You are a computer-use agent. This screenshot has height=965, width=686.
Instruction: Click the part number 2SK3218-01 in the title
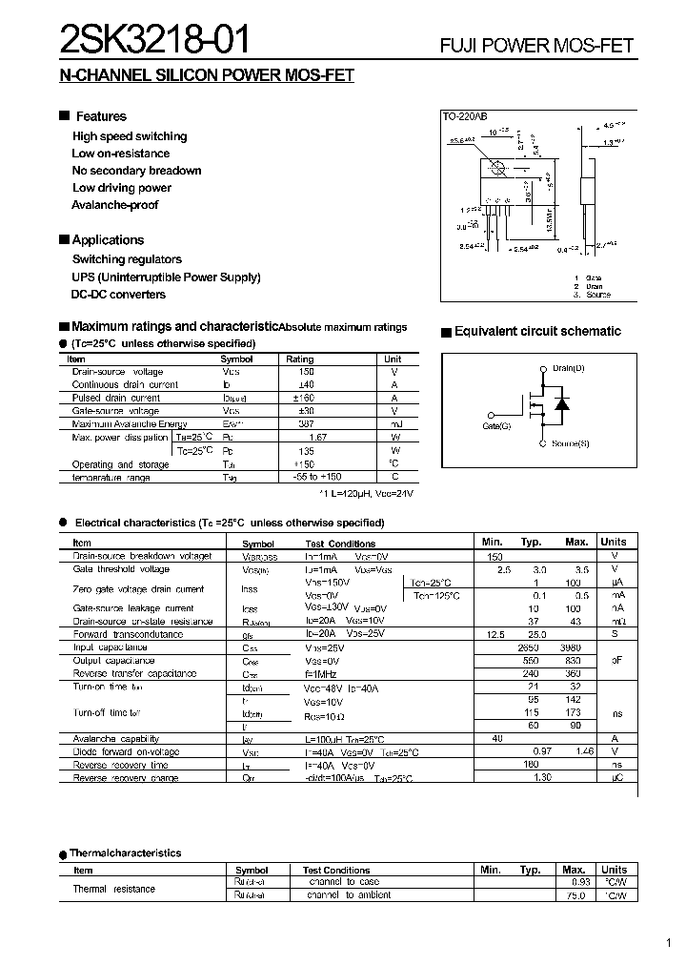[156, 39]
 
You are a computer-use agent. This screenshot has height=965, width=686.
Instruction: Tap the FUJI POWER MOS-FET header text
[536, 46]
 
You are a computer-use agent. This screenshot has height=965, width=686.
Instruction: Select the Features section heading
[101, 116]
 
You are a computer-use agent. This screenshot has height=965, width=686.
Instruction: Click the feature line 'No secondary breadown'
[136, 171]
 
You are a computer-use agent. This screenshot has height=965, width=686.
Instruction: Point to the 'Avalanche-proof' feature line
[114, 205]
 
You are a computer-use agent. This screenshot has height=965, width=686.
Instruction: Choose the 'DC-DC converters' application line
[119, 295]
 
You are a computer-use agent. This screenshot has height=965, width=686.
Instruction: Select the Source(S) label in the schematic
[571, 443]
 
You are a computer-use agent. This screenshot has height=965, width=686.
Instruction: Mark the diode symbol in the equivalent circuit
[562, 403]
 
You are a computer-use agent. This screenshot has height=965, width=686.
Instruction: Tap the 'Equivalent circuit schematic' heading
[537, 332]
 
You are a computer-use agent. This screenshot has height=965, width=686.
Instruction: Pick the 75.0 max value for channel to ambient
[574, 895]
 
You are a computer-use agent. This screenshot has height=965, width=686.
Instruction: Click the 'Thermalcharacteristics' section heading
[127, 853]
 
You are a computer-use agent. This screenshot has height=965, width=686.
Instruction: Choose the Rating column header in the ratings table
[300, 359]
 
